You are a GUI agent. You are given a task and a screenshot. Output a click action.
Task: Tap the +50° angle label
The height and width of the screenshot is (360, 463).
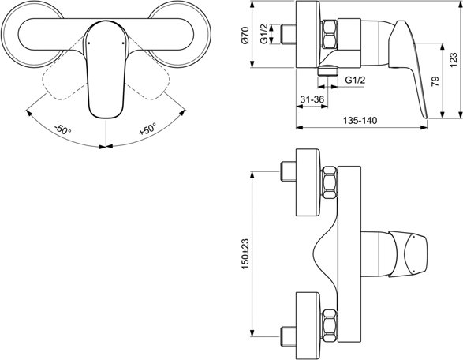(147, 129)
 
